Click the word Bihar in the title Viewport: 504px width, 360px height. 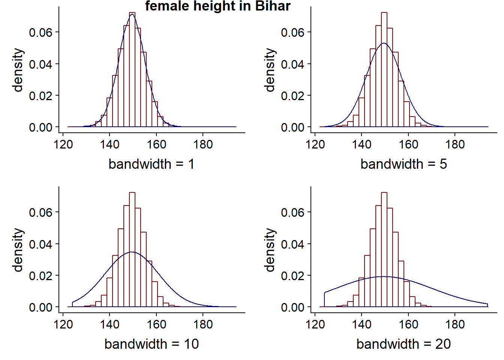click(x=273, y=6)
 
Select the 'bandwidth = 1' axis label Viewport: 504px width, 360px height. click(x=151, y=164)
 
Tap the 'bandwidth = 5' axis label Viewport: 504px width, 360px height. click(x=403, y=164)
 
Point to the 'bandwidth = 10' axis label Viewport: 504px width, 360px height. click(x=151, y=344)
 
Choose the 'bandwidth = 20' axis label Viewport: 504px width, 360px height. click(x=403, y=344)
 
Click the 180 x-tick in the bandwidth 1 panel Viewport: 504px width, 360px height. click(x=203, y=144)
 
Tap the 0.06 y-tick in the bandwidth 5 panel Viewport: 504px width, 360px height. click(x=292, y=32)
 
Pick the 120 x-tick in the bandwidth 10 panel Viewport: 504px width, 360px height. click(x=63, y=324)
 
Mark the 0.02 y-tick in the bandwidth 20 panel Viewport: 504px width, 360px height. click(x=292, y=276)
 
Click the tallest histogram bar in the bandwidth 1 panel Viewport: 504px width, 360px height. click(x=132, y=69)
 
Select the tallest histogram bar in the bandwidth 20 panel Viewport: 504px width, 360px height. click(x=384, y=249)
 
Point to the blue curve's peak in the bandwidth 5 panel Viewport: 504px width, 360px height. click(x=384, y=43)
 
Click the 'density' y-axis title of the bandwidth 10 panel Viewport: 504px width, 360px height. click(x=18, y=250)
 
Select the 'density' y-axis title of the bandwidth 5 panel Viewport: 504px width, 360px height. click(x=270, y=70)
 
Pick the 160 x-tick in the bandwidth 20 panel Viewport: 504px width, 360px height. click(x=408, y=324)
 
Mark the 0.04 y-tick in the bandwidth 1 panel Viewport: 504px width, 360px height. click(x=40, y=64)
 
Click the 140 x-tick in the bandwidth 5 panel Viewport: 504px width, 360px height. click(x=361, y=144)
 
